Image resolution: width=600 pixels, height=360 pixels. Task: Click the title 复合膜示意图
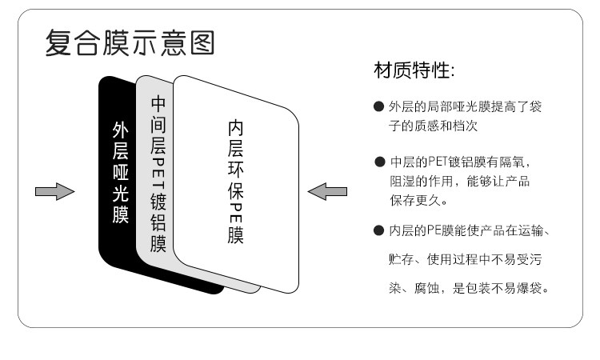click(x=129, y=42)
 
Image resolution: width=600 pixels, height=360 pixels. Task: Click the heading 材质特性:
click(x=414, y=73)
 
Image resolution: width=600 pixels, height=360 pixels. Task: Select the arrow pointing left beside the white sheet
click(x=328, y=191)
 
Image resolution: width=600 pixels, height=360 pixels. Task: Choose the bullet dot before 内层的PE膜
click(x=378, y=232)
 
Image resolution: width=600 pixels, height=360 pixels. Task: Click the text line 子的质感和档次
click(x=433, y=126)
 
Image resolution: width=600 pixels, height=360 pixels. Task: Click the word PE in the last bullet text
click(x=433, y=232)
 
